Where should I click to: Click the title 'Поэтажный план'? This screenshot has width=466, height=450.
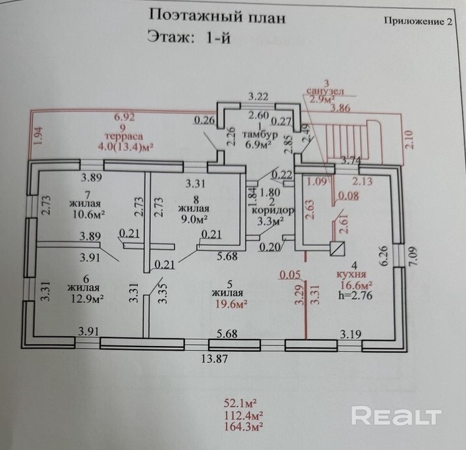coord(217,16)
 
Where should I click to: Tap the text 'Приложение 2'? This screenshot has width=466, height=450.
coord(418,21)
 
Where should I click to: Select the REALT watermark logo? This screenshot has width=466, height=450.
coord(396,416)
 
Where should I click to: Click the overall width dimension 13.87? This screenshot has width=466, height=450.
coord(215,359)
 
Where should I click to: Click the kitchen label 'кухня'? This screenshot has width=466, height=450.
coord(351,274)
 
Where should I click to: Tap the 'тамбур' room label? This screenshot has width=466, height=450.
coord(260,134)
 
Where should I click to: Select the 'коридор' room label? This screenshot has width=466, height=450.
coord(273,210)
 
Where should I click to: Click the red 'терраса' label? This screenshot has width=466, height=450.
coord(124,137)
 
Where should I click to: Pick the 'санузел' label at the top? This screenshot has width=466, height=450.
coord(325,91)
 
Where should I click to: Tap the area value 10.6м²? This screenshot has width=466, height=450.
coord(89,214)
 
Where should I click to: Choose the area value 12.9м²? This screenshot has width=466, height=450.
coord(87,298)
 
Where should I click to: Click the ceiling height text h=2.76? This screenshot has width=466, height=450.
coord(355,295)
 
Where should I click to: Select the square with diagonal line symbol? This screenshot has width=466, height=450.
coord(337,248)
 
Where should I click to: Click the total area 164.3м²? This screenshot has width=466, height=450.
coord(243,427)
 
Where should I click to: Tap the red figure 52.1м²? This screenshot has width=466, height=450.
coord(240,403)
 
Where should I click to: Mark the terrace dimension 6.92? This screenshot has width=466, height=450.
coord(124,117)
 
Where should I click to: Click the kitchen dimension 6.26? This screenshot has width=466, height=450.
coord(384,256)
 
